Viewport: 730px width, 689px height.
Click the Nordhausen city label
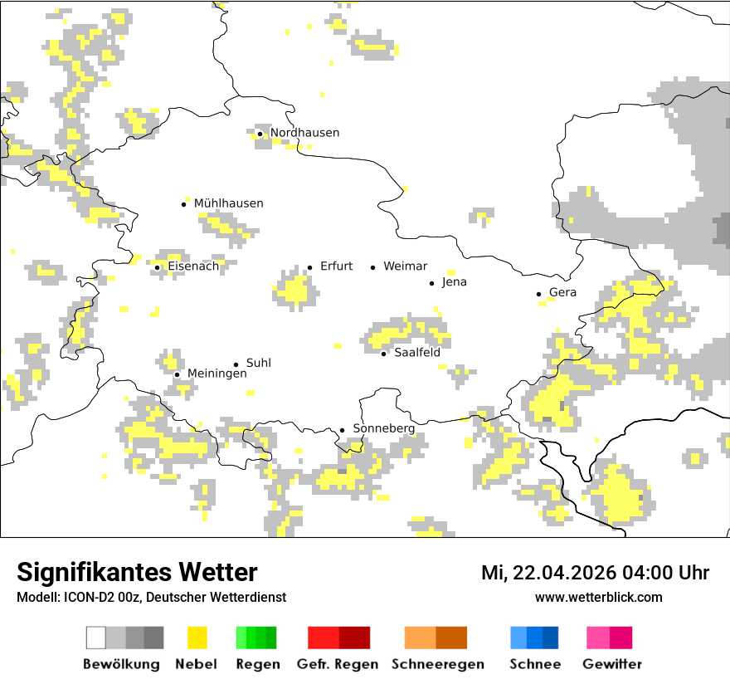pos(304,133)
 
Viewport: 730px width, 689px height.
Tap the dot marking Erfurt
pos(309,267)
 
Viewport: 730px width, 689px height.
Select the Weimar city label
pos(405,266)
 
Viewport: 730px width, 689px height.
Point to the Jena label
pos(454,282)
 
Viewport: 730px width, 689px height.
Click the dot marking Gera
pos(538,293)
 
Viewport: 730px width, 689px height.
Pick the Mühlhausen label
pos(228,203)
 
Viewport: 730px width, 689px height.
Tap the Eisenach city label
pos(193,266)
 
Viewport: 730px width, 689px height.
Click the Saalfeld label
pos(416,353)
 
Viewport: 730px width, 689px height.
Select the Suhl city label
pos(258,364)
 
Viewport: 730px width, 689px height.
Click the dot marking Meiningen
pos(177,374)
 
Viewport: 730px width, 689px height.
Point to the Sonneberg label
pos(383,428)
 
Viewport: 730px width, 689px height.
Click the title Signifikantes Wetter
pos(137,572)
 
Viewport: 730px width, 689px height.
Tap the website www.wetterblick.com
pos(598,597)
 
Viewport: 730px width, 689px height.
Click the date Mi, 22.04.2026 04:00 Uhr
pos(595,573)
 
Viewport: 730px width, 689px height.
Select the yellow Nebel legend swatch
pos(197,638)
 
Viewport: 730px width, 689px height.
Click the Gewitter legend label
pos(611,664)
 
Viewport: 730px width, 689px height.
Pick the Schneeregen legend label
pos(437,664)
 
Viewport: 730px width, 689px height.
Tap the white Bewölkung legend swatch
pos(96,638)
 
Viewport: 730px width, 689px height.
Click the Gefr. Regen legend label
pos(337,664)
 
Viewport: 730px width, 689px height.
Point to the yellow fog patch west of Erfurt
pos(293,291)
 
